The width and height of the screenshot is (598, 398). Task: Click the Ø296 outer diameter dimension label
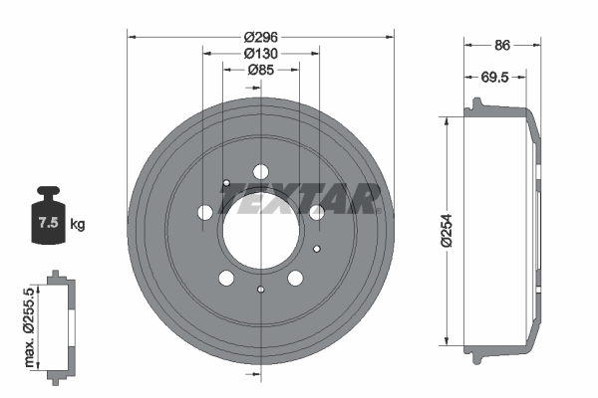[260, 37]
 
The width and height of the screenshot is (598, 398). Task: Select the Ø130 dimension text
[260, 53]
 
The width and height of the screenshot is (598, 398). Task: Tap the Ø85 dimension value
[260, 70]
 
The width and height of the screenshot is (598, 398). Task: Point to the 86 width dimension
[502, 45]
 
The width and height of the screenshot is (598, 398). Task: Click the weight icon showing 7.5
[47, 216]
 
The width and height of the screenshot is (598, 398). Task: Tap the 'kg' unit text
[78, 224]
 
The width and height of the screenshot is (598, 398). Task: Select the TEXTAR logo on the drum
[299, 201]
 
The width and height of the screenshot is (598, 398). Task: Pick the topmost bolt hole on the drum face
[260, 170]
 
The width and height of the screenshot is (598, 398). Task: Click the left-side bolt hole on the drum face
[206, 212]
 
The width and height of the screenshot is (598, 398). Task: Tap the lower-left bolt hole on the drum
[226, 277]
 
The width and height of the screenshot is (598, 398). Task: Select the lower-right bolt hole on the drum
[295, 277]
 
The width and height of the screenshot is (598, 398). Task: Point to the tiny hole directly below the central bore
[260, 290]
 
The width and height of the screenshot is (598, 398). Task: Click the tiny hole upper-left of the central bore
[227, 183]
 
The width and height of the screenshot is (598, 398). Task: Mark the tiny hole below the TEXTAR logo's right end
[317, 249]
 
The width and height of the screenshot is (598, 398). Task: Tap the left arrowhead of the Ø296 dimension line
[132, 37]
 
